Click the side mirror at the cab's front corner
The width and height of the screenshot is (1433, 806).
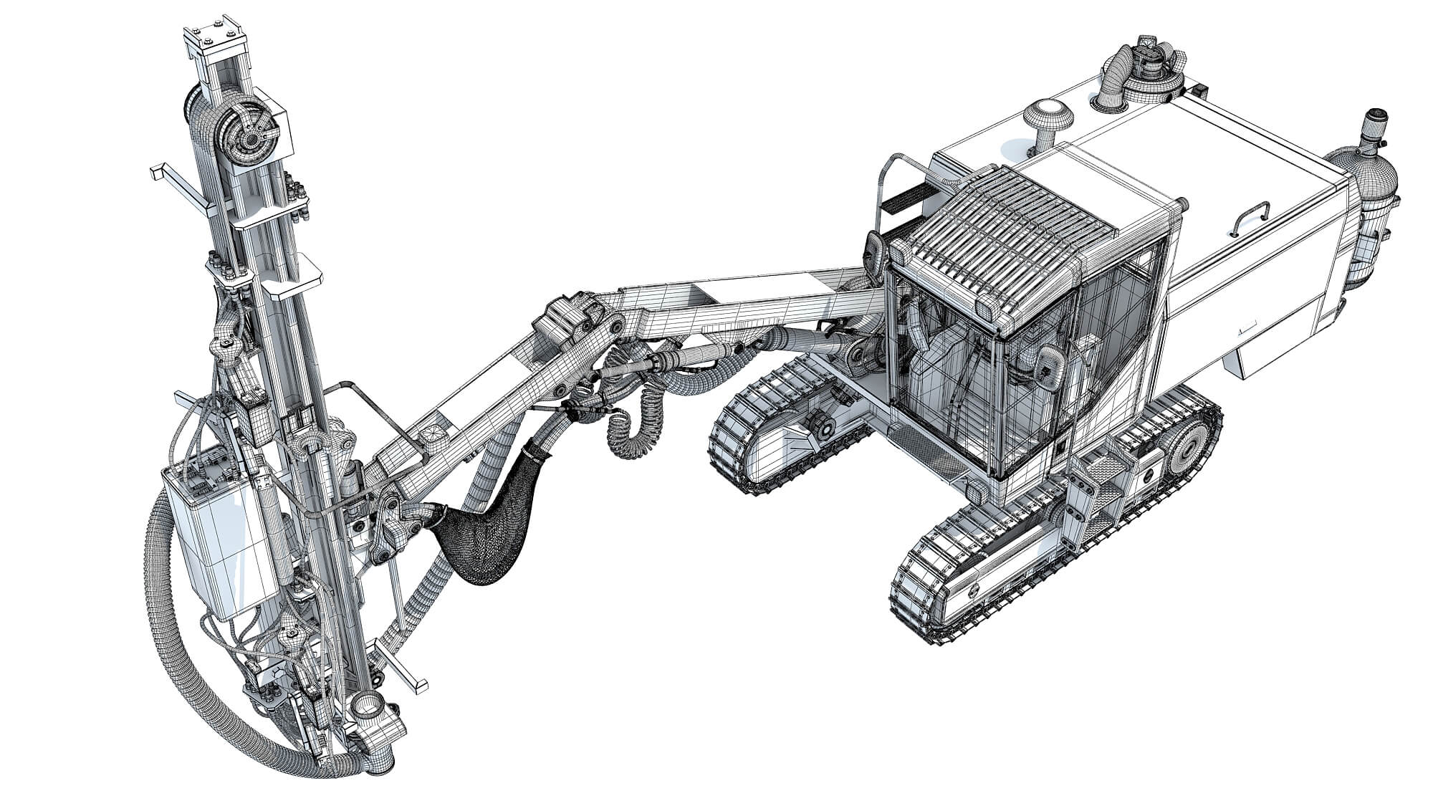[875, 250]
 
